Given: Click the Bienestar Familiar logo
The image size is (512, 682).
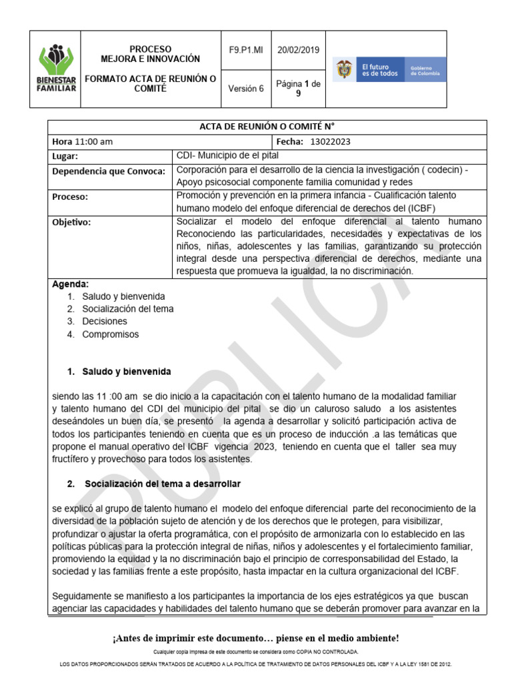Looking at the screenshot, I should coord(56,69).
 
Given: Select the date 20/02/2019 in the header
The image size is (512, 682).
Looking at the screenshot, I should coord(298,50).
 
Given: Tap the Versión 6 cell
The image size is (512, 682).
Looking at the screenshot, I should coord(246,88).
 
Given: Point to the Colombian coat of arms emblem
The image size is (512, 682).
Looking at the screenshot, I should coord(344,69).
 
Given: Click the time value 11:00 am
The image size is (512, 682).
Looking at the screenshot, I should coord(93,142).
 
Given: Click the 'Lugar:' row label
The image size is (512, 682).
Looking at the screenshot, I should coord(65,157).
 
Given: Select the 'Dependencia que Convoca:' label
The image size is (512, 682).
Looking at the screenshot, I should coord(108,171).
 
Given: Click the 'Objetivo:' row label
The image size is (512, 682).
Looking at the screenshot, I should coord(71,222).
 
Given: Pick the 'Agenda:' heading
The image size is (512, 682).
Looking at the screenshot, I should coord(70,284).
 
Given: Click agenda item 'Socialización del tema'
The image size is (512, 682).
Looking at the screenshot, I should coord(128,309).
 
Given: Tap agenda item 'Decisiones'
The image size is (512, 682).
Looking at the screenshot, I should coord(105,322).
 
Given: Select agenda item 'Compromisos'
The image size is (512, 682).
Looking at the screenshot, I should coord(111,334).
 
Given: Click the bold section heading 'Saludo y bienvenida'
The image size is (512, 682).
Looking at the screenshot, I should coord(127,372).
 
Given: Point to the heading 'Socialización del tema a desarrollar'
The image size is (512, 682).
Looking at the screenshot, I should coord(163,483).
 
